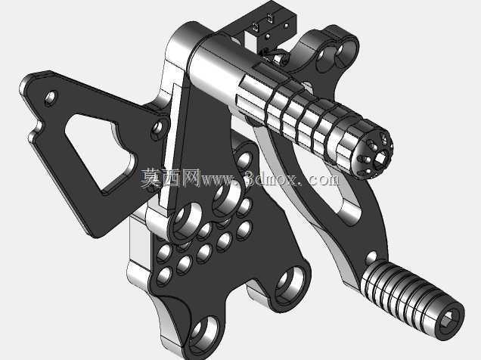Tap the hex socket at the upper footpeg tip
click(x=380, y=158)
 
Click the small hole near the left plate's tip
click(x=51, y=97)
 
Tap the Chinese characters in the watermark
click(x=171, y=178)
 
